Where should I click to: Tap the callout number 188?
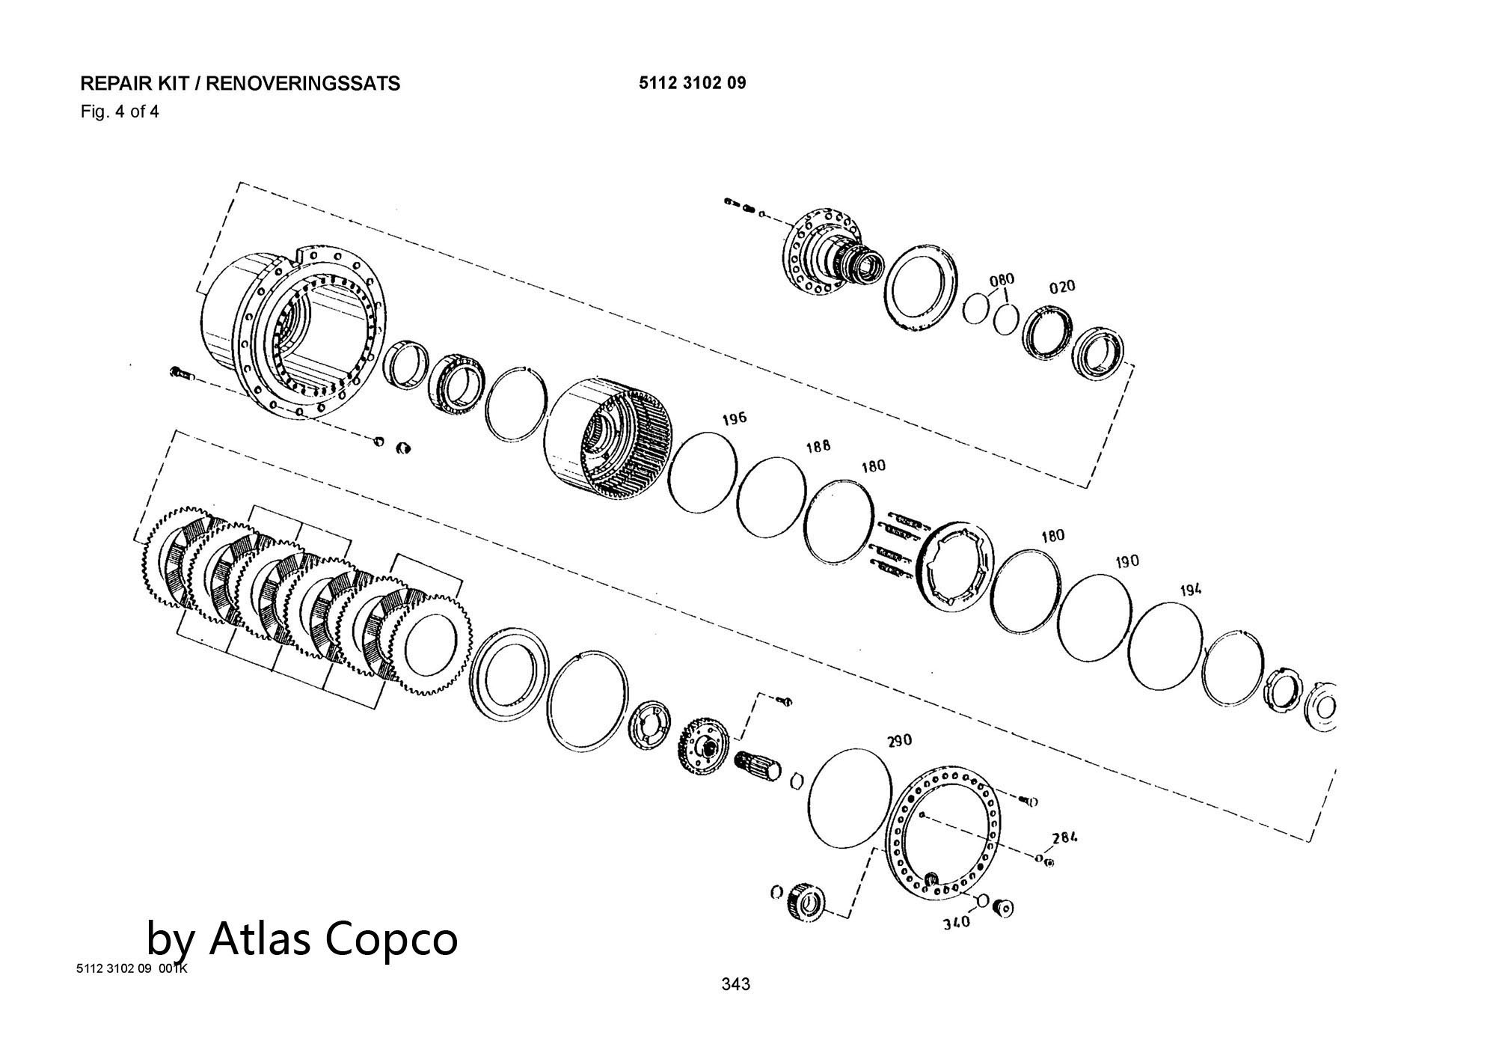point(818,447)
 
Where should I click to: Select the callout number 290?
point(899,740)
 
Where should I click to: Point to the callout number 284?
point(1064,837)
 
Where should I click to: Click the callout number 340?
point(955,923)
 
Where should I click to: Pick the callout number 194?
point(1191,590)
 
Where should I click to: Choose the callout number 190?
point(1126,561)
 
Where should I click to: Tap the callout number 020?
point(1061,287)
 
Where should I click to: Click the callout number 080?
point(1002,280)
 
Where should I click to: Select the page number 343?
point(735,984)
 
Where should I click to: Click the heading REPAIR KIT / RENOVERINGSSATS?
point(240,83)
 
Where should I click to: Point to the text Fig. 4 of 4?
point(120,112)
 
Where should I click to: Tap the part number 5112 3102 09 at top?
point(692,82)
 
